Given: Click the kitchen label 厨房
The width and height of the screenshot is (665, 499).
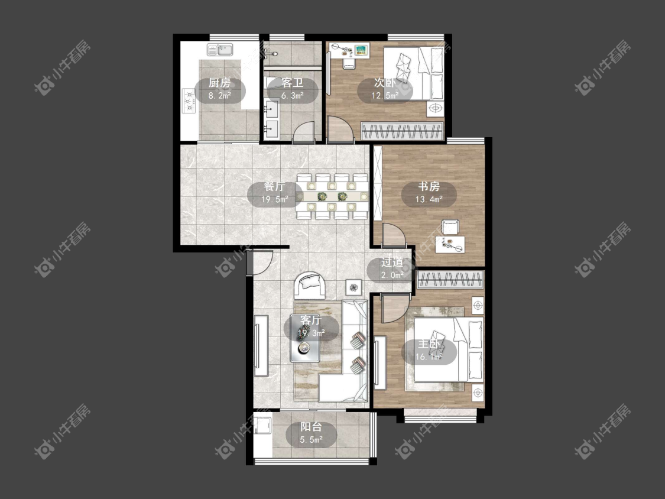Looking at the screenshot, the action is pos(220,83).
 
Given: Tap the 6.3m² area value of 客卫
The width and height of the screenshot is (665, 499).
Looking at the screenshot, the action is pos(292,96).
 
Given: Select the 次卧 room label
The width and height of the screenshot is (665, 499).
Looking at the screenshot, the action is pos(385,82).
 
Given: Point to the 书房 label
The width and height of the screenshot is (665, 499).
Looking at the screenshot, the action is pos(429,186).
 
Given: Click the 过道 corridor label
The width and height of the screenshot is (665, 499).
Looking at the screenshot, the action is pos(392,263).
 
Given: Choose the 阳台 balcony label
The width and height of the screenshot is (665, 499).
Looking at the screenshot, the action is pos(312,427).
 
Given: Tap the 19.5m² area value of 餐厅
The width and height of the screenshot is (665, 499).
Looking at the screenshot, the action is pos(275,199).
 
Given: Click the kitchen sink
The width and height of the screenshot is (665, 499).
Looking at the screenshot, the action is pos(220,50).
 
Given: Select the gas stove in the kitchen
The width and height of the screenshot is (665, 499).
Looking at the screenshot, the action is pos(188,101).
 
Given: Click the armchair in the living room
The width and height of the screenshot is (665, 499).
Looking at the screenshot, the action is pos(311,285).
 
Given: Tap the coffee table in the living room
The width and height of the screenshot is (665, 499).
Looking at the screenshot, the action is pos(304,338).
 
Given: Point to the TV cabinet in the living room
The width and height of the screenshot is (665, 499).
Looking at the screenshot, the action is pos(261,345).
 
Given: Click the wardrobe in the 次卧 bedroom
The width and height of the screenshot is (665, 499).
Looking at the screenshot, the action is pos(402,131).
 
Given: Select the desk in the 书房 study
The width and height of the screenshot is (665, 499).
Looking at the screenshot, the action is pos(450,245).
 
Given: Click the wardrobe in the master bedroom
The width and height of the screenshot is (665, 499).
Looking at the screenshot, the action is pos(450,280).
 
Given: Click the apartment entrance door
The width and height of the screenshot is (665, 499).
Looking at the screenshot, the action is pos(259,263).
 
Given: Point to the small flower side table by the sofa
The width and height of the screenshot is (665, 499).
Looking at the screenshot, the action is pos(353,288).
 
